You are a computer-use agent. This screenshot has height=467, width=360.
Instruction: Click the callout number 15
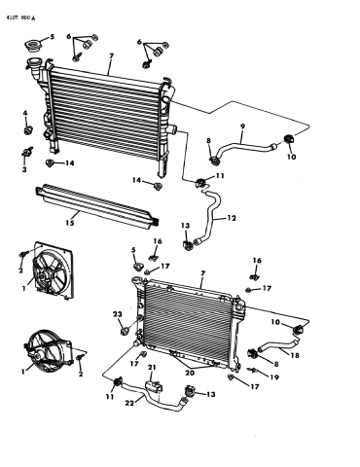[70, 223]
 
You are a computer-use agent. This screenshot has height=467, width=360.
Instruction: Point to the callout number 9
[242, 126]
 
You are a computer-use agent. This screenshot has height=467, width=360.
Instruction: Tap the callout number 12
[232, 218]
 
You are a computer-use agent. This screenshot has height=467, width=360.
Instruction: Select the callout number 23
[118, 314]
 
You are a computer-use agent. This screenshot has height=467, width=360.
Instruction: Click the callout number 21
[152, 368]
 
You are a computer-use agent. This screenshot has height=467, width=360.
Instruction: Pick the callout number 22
[130, 403]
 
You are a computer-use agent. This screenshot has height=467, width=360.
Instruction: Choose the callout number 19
[274, 377]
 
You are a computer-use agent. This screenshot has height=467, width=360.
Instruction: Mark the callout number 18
[295, 355]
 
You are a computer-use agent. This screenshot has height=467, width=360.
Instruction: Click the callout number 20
[190, 373]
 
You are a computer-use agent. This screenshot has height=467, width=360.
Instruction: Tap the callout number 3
[24, 169]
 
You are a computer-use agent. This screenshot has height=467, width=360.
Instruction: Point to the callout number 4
[25, 113]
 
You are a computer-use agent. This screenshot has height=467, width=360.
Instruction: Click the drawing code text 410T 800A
[20, 18]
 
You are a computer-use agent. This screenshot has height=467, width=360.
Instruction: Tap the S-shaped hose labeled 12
[210, 216]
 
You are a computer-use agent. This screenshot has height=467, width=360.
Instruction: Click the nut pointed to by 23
[125, 332]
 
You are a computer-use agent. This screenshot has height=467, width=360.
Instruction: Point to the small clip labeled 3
[26, 151]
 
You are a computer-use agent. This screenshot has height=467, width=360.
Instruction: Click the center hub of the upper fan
[43, 276]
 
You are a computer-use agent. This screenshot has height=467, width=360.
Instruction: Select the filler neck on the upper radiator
[33, 65]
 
